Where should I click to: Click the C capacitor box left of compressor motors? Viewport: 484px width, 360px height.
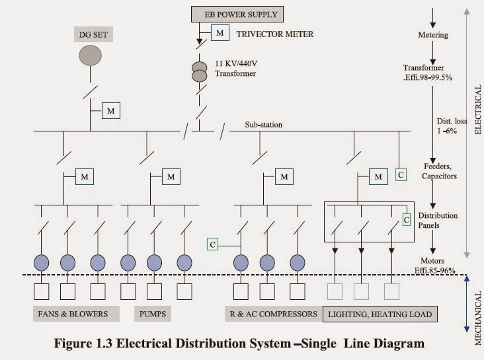pos(212,244)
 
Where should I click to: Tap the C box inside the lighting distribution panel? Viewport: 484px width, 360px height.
pos(407,219)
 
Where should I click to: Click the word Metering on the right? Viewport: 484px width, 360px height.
pos(434,34)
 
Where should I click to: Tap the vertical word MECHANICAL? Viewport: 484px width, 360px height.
pos(477,309)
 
